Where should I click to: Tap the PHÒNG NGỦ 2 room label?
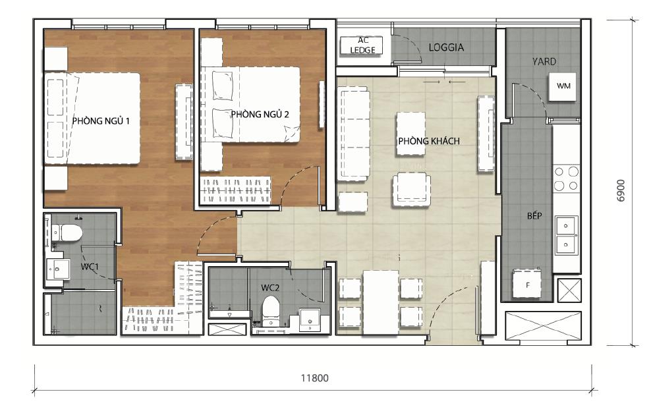tap(260, 114)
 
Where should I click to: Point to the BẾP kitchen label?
tap(534, 216)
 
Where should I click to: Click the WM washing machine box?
tap(563, 86)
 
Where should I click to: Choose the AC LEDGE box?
tap(361, 45)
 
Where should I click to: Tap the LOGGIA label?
tap(446, 47)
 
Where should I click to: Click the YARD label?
tap(544, 61)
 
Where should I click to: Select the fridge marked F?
tap(528, 285)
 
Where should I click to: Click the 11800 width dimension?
tap(314, 379)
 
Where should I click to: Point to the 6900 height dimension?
tap(620, 190)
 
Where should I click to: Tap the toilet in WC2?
tap(271, 310)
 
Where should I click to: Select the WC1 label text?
tap(90, 267)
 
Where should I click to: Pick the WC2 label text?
tap(269, 287)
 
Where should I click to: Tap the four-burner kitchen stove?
tap(565, 178)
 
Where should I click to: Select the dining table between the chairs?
tap(380, 299)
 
